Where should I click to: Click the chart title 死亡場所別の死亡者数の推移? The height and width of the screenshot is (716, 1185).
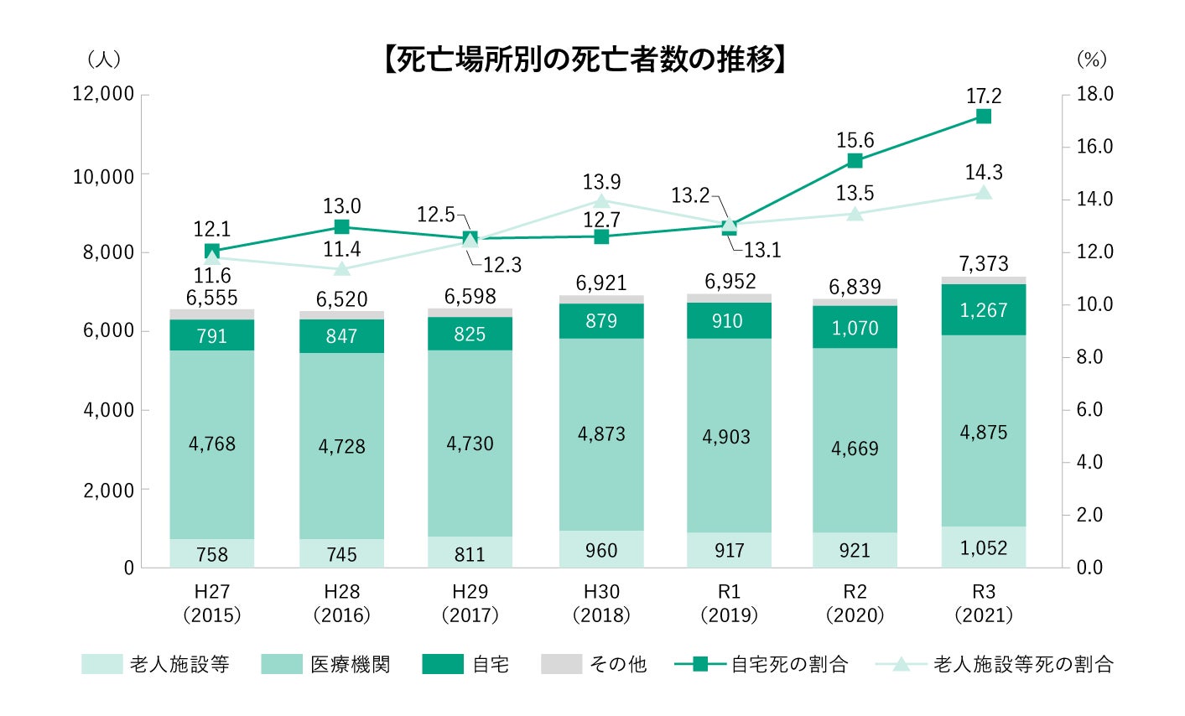click(x=584, y=60)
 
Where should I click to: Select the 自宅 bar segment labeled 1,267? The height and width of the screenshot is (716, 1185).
click(x=984, y=309)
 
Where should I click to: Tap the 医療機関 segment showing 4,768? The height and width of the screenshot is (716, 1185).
click(x=212, y=444)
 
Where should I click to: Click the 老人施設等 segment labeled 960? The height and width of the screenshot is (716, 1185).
click(x=601, y=550)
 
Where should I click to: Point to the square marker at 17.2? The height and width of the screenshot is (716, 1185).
click(x=984, y=117)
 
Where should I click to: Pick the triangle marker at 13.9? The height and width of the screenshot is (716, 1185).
click(x=601, y=201)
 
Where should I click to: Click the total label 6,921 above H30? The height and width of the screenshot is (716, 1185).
click(x=601, y=283)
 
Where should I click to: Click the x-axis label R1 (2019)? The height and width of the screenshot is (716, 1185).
click(x=729, y=604)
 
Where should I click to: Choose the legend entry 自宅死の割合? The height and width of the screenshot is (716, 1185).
click(x=761, y=665)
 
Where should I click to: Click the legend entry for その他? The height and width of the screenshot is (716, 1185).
click(x=594, y=665)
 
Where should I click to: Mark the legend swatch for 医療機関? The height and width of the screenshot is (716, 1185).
click(x=282, y=665)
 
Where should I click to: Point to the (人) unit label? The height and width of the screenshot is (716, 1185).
click(x=104, y=60)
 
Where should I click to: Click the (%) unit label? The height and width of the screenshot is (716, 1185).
click(x=1092, y=60)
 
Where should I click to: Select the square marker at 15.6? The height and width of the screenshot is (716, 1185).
click(x=855, y=161)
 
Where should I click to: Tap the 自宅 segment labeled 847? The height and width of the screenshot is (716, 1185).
click(x=341, y=335)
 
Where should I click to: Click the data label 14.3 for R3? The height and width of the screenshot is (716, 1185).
click(x=984, y=173)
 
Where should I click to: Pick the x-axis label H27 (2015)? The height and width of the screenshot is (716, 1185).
click(x=212, y=604)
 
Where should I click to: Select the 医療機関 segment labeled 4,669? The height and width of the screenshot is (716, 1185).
click(x=855, y=449)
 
